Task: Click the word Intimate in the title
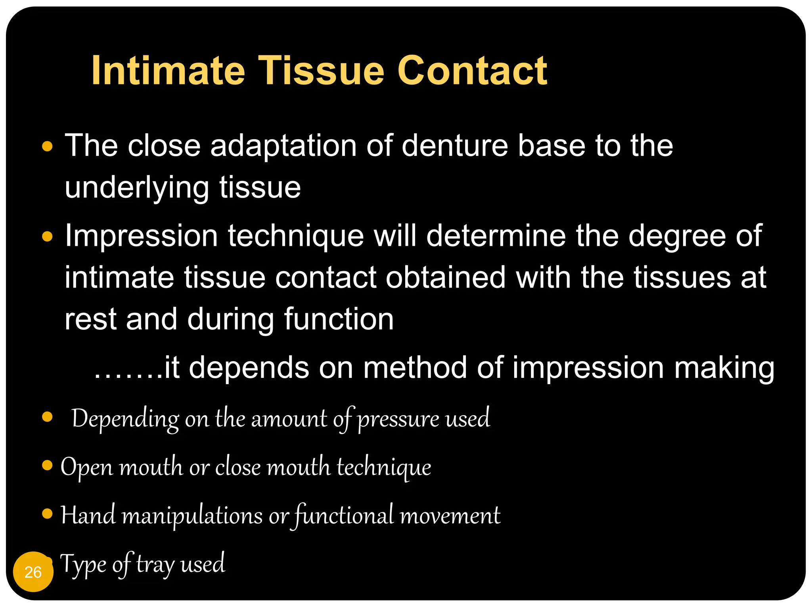tap(168, 71)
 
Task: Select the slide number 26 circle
tap(33, 572)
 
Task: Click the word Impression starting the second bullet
tap(141, 236)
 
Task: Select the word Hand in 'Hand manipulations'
tap(88, 515)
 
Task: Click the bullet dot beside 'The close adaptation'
tap(47, 146)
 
